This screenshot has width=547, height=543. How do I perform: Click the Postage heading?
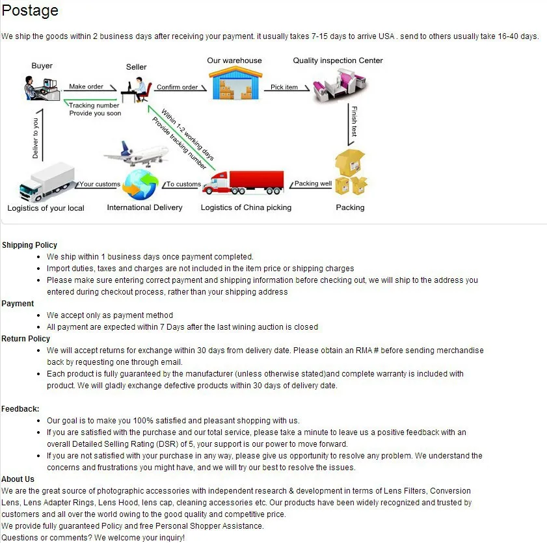(x=30, y=10)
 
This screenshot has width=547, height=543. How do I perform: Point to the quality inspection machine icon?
(x=336, y=86)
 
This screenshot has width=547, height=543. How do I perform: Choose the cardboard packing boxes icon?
(x=351, y=172)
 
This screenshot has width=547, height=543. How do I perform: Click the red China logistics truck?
(x=243, y=182)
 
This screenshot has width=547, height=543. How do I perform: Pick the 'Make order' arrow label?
(x=86, y=86)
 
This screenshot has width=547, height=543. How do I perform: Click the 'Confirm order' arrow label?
(x=177, y=87)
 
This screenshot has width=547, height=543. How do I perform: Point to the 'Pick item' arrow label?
(x=284, y=87)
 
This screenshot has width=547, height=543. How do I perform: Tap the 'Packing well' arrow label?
(x=313, y=183)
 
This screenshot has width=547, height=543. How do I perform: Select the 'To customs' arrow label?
(x=183, y=184)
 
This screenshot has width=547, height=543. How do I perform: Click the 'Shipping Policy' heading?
(x=29, y=245)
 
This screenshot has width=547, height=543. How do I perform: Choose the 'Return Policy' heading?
(x=25, y=339)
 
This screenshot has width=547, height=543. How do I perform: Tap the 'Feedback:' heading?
(x=20, y=409)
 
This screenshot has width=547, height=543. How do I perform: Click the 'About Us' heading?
(x=18, y=479)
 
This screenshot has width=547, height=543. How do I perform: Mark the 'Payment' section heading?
(x=18, y=304)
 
